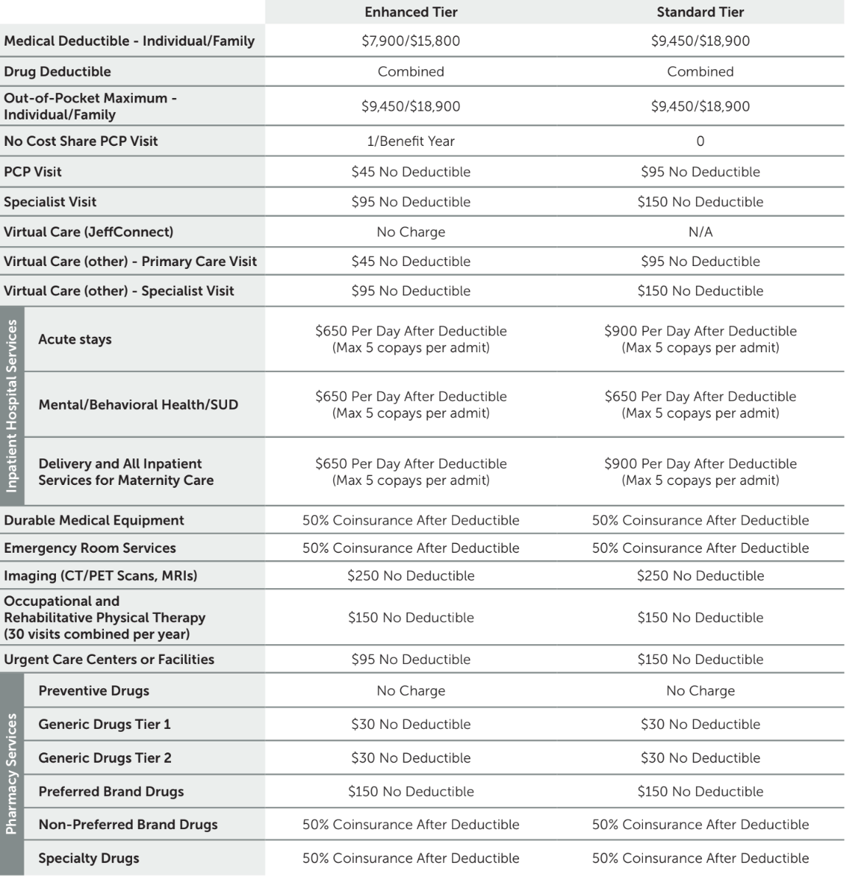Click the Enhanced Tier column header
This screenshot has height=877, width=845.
pos(411,12)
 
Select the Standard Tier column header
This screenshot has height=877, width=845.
pos(700,12)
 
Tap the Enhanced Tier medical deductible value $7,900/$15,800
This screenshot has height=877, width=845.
pos(411,41)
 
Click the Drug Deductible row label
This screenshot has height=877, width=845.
pos(58,71)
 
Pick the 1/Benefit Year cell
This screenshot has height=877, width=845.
pos(411,141)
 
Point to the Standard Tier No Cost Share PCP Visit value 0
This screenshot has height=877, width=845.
pos(700,141)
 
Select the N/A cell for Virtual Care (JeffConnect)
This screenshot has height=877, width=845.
pos(700,231)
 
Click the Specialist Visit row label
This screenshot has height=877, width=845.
pos(50,202)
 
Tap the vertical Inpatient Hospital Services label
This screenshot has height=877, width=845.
pos(12,405)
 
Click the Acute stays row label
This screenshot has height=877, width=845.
pos(75,339)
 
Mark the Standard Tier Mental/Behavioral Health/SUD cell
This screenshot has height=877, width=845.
pos(700,405)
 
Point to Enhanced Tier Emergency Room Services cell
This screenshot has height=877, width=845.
pos(411,548)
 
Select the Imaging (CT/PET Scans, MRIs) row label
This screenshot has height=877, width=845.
pos(100,576)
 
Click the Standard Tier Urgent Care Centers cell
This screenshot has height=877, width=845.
pos(700,660)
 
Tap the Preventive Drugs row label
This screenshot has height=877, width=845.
pos(94,691)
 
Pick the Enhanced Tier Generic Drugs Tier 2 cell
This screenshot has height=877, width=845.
pos(411,758)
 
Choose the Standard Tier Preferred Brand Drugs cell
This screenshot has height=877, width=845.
pos(700,792)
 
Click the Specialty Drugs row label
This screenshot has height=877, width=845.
pos(88,858)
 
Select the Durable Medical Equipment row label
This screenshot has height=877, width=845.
pos(94,520)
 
